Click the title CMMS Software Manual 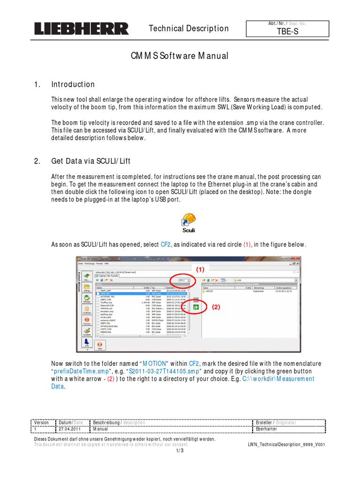[x=179, y=56]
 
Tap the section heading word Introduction [x=73, y=84]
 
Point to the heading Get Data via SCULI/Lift [x=90, y=161]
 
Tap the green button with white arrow [x=196, y=307]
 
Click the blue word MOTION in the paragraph [x=154, y=363]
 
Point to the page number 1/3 [x=180, y=450]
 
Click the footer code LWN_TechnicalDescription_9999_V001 [x=286, y=444]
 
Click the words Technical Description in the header [x=188, y=29]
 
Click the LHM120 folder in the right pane [x=210, y=291]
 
